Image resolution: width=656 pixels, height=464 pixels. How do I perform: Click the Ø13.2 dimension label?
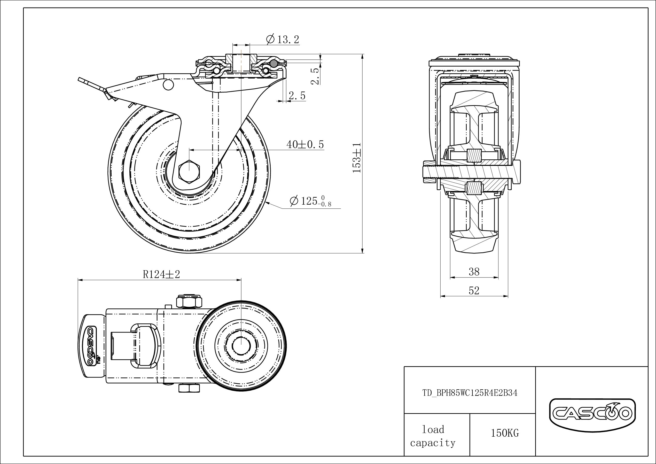283,39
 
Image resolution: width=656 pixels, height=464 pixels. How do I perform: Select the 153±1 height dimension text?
357,158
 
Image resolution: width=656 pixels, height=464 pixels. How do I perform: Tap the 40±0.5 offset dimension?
305,145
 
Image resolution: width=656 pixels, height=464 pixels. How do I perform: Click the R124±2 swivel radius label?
161,274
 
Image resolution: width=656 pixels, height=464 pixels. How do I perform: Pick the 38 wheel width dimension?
474,272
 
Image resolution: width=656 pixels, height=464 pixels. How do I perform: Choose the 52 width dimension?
474,290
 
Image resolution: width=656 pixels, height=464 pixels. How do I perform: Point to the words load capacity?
433,436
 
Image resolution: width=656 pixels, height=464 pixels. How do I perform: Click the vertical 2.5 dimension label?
314,76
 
